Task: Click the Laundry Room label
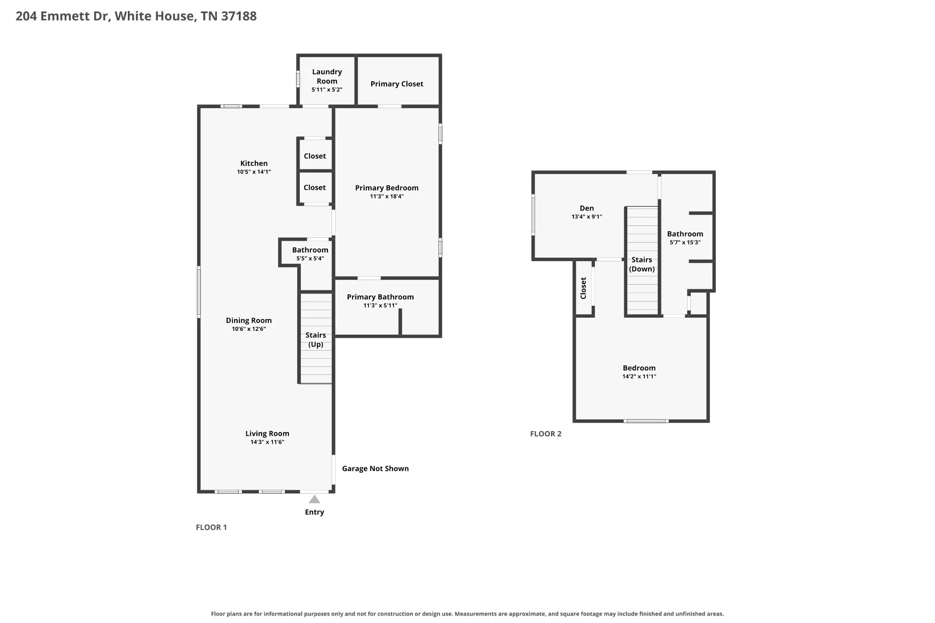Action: [x=327, y=76]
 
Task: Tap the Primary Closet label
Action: [x=397, y=84]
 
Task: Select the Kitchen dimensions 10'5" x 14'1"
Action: [x=254, y=172]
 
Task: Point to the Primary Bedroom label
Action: [x=387, y=188]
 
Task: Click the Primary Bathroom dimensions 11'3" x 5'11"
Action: [x=380, y=306]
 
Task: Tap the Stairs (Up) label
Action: [x=315, y=340]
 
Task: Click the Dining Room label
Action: [x=249, y=320]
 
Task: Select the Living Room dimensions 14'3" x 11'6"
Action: [x=268, y=442]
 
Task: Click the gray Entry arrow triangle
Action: [x=315, y=499]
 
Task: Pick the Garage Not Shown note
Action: [x=375, y=469]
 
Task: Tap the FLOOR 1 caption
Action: [x=211, y=528]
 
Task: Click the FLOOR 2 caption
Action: [x=546, y=434]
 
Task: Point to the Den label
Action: [x=587, y=209]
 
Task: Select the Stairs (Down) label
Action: [x=642, y=264]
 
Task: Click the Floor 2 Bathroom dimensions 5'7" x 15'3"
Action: [x=685, y=243]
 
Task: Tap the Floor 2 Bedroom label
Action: [x=639, y=368]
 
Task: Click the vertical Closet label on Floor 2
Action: [x=583, y=288]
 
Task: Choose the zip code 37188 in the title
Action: [x=239, y=16]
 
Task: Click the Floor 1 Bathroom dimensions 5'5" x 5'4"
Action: [x=310, y=259]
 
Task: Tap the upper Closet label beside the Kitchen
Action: [x=315, y=156]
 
